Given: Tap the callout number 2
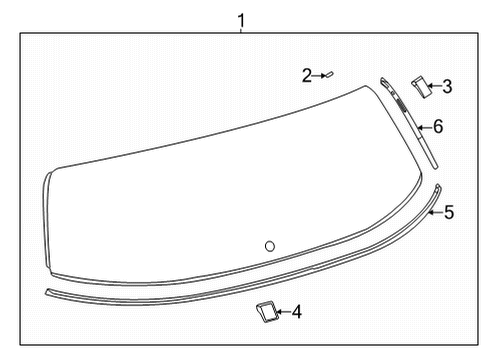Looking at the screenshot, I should point(308,74).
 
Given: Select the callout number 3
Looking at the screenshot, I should point(447,87).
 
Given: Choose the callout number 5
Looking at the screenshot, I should point(449,212).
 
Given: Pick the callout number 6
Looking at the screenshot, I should point(437,127).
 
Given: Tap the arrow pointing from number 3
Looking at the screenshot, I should point(434,87).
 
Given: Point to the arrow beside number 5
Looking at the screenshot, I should point(436,211).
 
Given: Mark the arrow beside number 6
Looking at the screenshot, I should point(424,127).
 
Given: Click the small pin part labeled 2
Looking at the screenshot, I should point(334,73).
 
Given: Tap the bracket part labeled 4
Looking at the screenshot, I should point(265,313).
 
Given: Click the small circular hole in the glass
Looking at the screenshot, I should point(270,246).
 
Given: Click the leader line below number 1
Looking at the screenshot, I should point(241,30).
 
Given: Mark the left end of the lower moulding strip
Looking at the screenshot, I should point(50,293).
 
